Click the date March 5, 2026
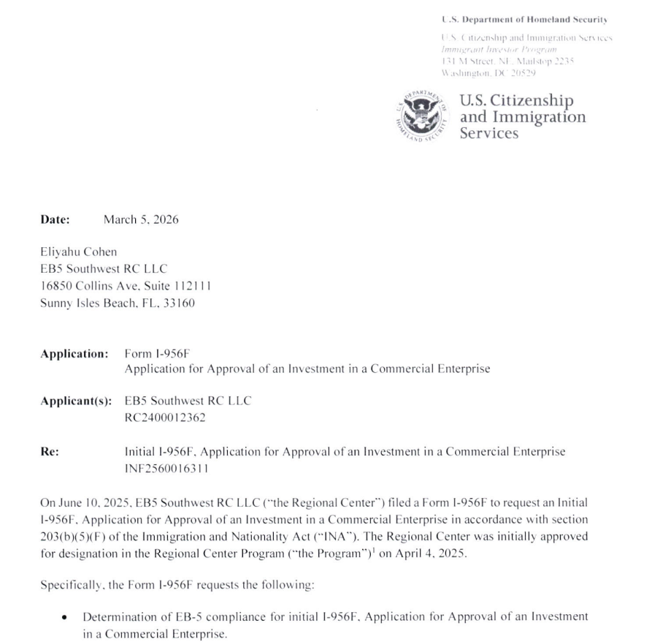pos(141,219)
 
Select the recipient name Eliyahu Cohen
pos(78,252)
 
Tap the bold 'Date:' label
pos(55,219)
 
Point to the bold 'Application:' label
pos(74,354)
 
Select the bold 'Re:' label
pos(50,452)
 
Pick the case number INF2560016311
pos(166,469)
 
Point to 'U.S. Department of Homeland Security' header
pos(525,19)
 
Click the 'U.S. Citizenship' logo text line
pos(516,101)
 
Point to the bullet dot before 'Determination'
pos(65,618)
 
